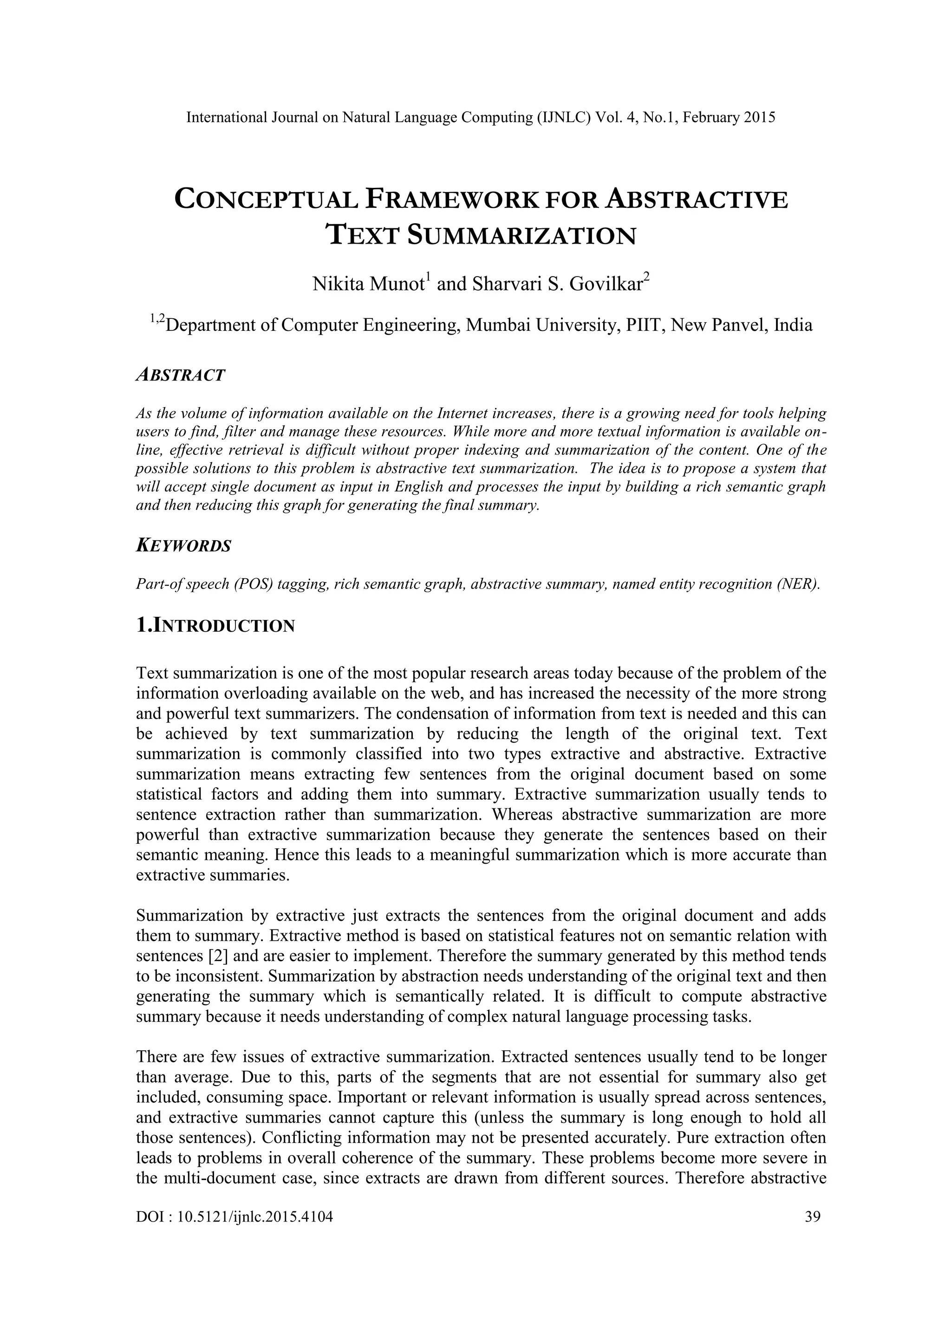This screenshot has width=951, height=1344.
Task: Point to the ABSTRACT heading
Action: click(x=180, y=375)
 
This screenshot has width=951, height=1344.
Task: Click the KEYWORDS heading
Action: click(x=183, y=546)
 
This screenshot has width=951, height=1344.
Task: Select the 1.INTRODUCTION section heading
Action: click(x=215, y=626)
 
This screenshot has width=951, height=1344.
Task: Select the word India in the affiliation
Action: click(x=793, y=325)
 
